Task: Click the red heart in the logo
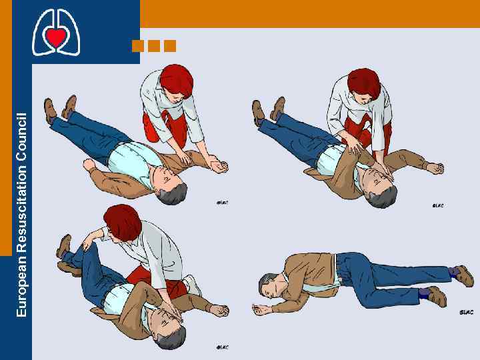[56, 37]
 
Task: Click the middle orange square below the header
[154, 46]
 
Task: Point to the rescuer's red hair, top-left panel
[175, 79]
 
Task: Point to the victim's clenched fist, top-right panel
[436, 169]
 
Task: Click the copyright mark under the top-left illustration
[222, 202]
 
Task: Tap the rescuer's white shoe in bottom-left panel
[193, 285]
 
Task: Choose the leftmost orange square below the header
[138, 46]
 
